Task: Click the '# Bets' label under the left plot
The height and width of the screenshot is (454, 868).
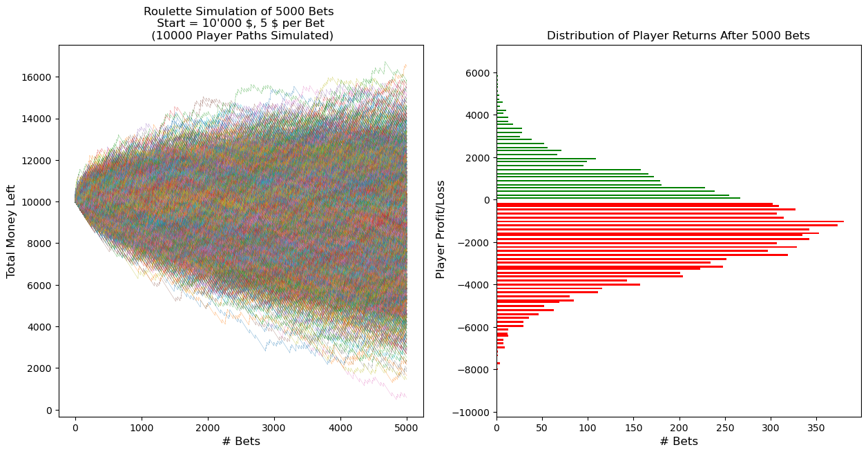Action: (x=241, y=442)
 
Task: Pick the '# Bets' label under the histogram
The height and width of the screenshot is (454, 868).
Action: (x=679, y=442)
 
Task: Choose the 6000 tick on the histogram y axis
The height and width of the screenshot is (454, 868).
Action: (x=476, y=73)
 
